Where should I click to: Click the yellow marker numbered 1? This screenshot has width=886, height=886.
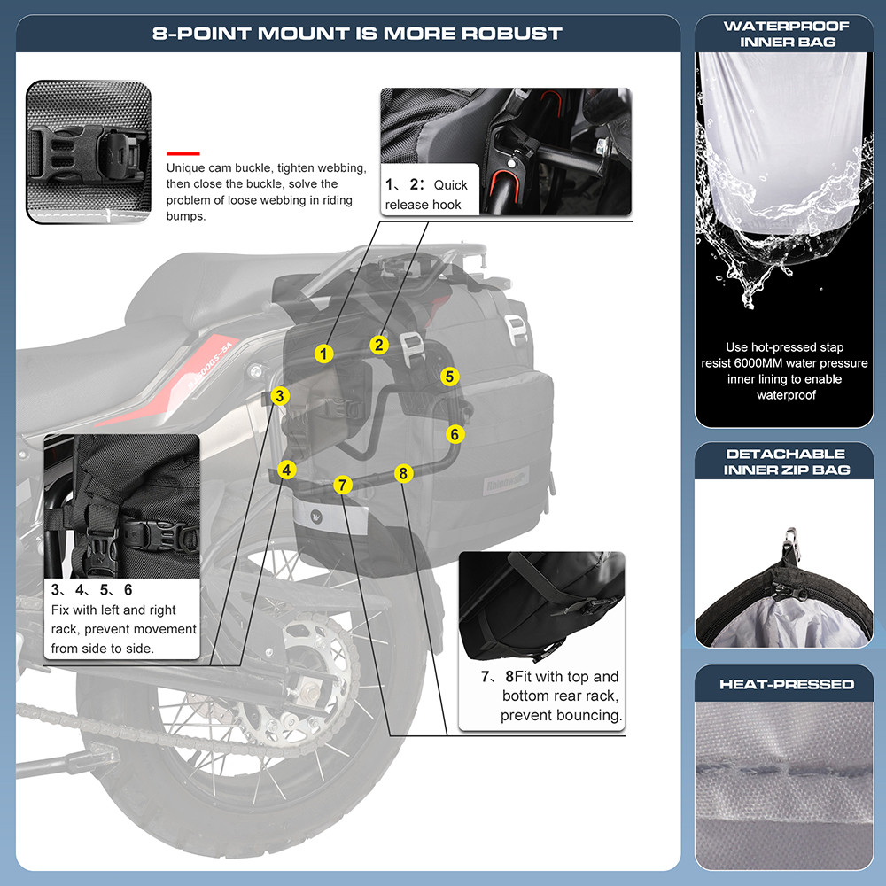(324, 354)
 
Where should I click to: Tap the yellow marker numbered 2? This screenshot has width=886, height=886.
(378, 345)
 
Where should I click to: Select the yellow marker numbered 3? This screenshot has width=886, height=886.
(279, 396)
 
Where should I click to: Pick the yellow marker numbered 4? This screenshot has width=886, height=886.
(286, 470)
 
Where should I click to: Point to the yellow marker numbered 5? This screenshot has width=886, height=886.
(450, 377)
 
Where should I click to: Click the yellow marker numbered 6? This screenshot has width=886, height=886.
(455, 434)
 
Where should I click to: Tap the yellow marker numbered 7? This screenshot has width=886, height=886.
(343, 485)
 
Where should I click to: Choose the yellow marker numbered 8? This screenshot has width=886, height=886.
(403, 473)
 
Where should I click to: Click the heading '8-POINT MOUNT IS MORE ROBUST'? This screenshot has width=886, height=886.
(357, 34)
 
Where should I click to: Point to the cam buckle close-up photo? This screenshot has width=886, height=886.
(88, 152)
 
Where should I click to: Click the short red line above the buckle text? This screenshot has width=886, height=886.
(183, 152)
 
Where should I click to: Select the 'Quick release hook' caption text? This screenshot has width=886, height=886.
(426, 195)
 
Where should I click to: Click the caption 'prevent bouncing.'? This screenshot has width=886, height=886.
(561, 715)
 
